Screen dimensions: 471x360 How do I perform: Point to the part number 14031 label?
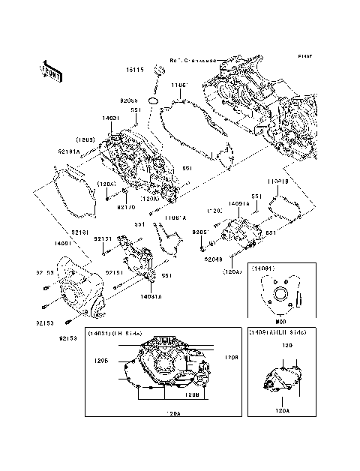click(111, 118)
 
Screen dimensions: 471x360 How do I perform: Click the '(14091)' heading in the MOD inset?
click(264, 268)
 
